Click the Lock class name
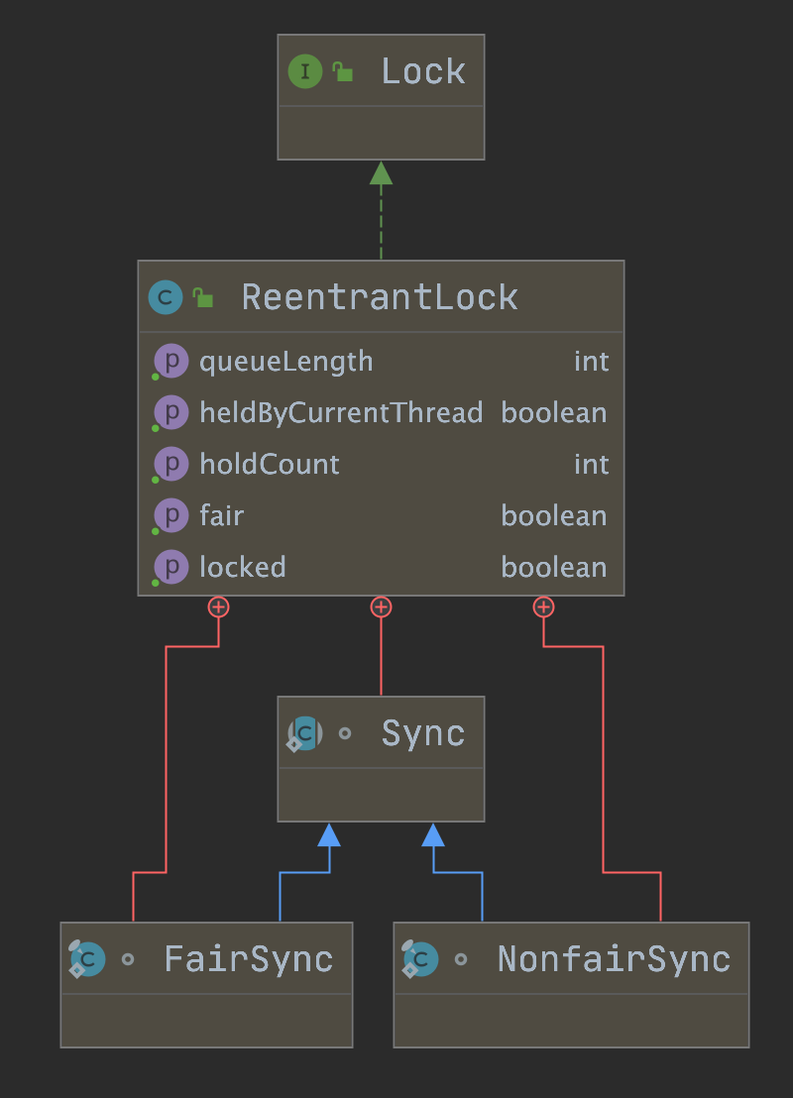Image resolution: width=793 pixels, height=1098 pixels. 423,71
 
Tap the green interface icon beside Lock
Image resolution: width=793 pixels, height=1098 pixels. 304,71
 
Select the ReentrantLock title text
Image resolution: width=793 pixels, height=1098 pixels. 380,297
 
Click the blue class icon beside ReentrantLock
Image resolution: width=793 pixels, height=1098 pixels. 166,297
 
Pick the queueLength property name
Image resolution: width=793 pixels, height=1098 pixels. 286,362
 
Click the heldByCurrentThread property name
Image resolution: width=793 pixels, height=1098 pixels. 341,413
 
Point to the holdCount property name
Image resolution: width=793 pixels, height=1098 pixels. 270,465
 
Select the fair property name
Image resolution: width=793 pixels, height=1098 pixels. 222,516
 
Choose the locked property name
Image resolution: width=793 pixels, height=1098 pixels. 243,568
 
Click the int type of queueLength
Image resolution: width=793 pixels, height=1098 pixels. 591,362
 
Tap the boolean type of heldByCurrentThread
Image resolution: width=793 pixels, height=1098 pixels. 554,413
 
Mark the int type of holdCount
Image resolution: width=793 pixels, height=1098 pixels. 591,465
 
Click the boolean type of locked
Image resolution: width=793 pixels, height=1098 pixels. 554,568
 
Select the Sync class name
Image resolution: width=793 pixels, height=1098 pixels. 423,733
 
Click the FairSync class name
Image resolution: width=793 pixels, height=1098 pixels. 249,959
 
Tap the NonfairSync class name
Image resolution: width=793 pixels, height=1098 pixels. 614,959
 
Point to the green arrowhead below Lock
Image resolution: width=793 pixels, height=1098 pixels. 381,173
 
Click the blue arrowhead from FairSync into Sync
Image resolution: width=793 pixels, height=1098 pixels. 329,835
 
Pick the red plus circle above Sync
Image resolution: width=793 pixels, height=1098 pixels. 381,606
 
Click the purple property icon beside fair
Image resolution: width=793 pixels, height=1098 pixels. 171,516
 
